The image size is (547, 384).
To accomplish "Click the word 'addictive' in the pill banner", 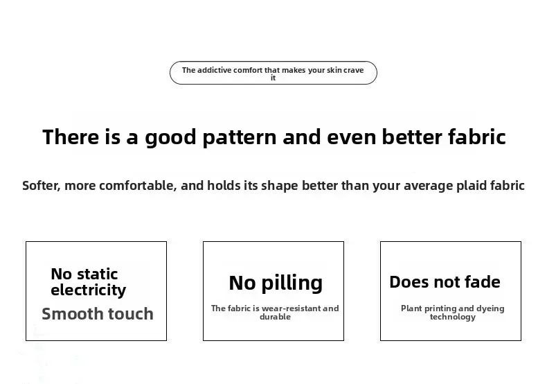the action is point(214,70).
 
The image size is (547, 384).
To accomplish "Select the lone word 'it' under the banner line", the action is point(273,78).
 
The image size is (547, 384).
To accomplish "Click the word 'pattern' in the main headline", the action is point(240,137).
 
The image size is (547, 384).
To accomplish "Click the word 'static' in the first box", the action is point(97,274).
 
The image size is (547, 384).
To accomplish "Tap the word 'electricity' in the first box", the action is point(88,290).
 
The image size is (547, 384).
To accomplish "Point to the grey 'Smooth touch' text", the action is point(98,313).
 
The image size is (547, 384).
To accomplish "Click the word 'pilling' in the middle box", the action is point(292,283).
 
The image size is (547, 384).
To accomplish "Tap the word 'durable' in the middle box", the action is point(276,317).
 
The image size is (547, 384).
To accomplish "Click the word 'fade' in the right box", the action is point(483,281).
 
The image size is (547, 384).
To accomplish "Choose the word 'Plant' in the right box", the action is point(411,308).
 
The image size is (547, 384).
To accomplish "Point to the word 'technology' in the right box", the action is point(452,317).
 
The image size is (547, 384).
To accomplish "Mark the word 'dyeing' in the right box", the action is point(490,309).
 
